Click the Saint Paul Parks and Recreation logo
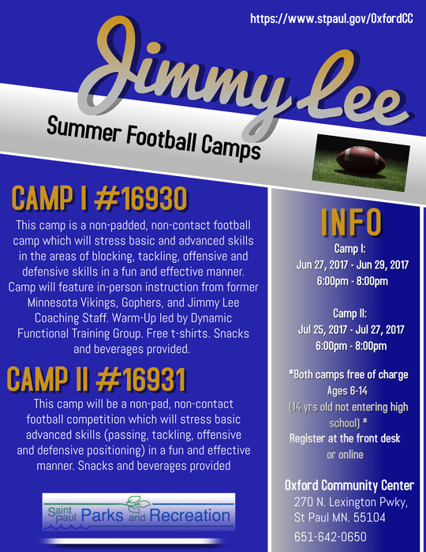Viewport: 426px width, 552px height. tap(138, 516)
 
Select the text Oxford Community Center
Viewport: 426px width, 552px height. tap(349, 485)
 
